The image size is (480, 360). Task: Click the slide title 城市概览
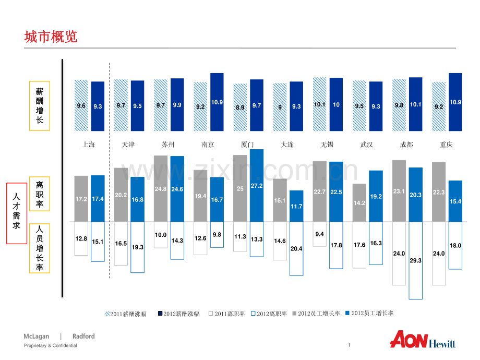51,37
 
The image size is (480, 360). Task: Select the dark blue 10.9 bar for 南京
217,102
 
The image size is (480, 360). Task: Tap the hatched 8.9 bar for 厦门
240,107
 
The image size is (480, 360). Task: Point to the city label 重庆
446,145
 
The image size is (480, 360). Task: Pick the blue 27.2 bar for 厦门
257,185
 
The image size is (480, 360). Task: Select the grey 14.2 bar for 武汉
359,202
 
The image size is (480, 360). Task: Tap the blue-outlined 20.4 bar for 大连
296,248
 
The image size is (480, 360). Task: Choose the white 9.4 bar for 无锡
319,234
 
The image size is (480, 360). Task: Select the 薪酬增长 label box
40,105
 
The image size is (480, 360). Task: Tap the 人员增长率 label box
40,248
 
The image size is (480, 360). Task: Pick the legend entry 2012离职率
269,314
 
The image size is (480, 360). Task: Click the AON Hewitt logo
423,339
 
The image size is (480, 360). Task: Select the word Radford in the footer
83,337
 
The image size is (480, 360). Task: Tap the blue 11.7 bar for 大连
296,206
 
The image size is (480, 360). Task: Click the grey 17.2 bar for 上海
81,198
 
